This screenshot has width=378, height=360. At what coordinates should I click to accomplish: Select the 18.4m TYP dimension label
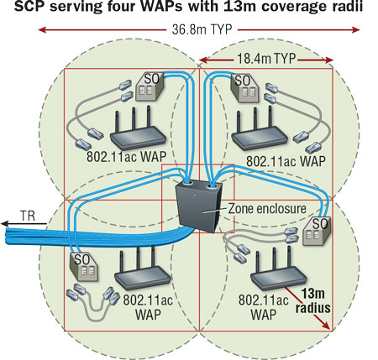click(x=267, y=60)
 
